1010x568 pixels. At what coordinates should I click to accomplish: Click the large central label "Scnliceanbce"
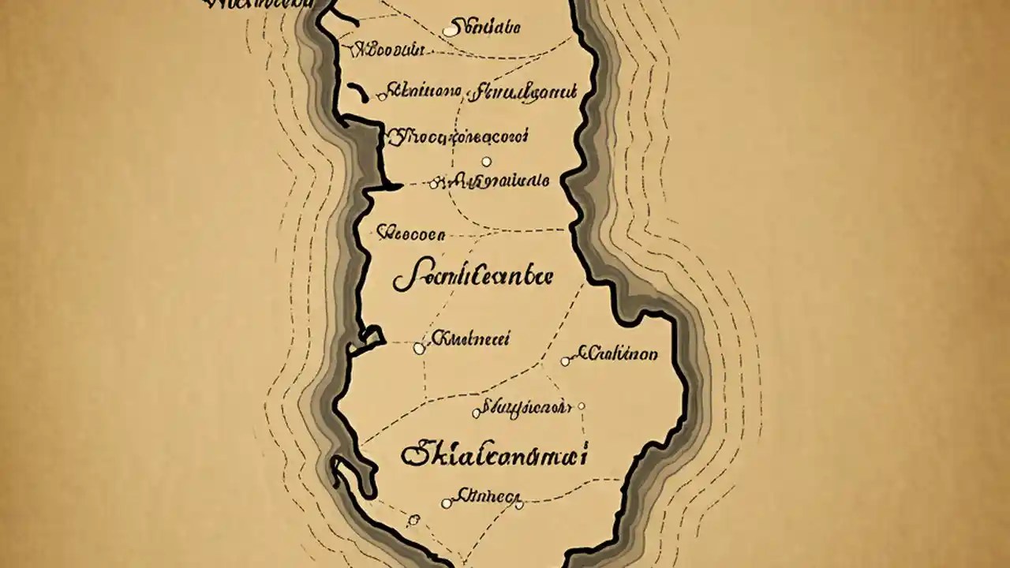473,277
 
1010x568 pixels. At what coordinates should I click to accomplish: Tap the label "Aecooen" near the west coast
410,234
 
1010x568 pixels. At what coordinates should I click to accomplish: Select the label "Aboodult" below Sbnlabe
387,50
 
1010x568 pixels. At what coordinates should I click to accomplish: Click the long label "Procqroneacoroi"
458,137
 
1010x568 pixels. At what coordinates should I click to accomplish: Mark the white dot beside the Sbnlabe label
450,31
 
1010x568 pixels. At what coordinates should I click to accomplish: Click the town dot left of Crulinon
565,361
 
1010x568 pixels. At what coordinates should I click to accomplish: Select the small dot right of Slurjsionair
582,407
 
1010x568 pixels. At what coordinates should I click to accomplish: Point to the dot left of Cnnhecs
447,503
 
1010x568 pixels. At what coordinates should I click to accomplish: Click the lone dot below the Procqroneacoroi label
486,162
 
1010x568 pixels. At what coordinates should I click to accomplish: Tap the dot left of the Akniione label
383,96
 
